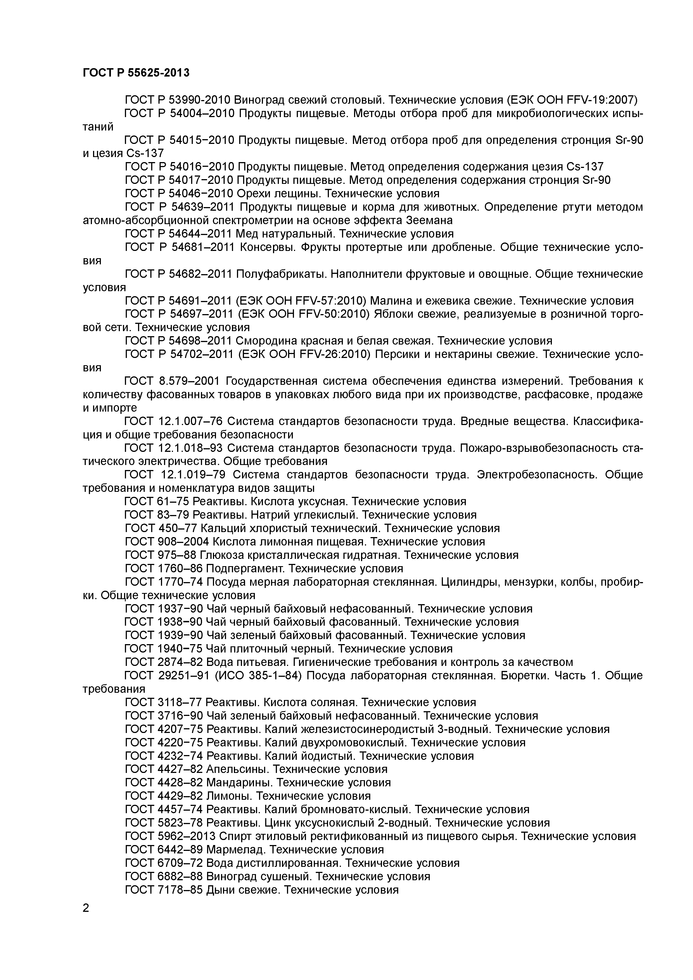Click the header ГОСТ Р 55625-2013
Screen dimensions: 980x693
[x=136, y=73]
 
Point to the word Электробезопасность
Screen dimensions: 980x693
[x=537, y=475]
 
